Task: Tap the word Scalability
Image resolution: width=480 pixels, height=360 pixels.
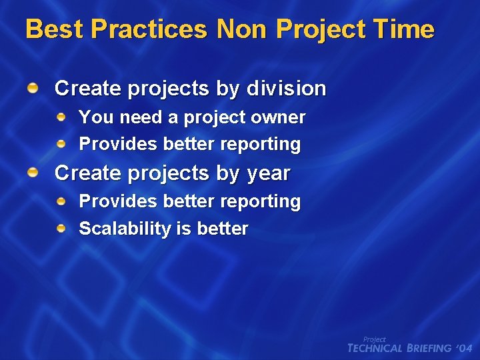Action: pyautogui.click(x=125, y=229)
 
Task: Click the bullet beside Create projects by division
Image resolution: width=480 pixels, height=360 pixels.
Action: pyautogui.click(x=33, y=87)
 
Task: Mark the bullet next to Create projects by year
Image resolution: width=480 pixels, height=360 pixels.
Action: pyautogui.click(x=33, y=173)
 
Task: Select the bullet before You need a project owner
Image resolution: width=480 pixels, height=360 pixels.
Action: pyautogui.click(x=61, y=117)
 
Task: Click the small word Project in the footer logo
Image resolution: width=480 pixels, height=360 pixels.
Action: pyautogui.click(x=374, y=339)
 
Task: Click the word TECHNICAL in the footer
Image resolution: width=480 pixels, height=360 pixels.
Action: pyautogui.click(x=375, y=349)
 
